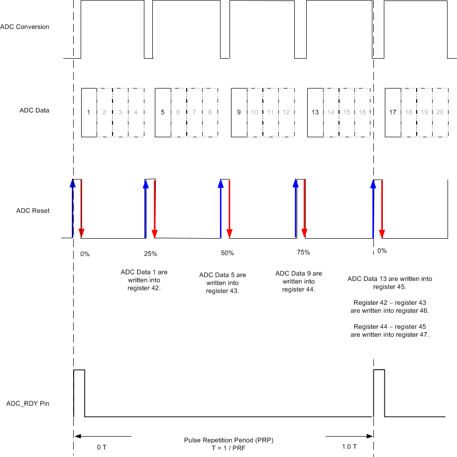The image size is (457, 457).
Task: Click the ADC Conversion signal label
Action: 25,27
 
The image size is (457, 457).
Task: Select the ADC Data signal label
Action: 34,110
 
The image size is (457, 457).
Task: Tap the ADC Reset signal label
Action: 33,211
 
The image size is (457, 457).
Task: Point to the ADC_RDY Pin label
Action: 28,404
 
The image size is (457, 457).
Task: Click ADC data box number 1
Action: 89,112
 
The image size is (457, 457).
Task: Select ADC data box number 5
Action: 163,112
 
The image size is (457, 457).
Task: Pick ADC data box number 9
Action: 239,112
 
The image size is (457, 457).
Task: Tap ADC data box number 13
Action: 315,112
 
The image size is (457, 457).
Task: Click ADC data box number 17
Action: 393,112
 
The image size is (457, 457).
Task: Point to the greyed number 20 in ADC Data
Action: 440,112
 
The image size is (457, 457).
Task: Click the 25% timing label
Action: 150,254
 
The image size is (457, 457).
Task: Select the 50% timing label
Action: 227,253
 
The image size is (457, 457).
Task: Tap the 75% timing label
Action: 303,253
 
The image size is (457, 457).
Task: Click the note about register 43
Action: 223,283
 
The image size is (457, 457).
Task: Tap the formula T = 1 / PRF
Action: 228,448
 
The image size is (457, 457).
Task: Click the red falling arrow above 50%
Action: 229,208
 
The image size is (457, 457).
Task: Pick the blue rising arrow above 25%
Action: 146,208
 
